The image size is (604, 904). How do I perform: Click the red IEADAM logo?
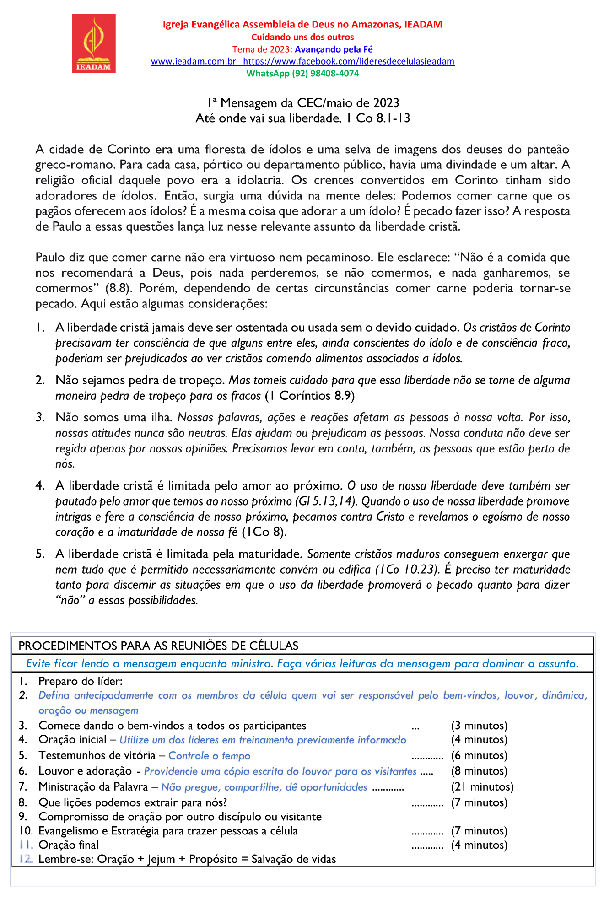pos(93,43)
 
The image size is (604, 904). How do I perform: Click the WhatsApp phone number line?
pos(302,74)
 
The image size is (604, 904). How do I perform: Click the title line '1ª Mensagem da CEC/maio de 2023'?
pos(302,103)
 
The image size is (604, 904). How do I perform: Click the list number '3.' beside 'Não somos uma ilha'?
pos(40,417)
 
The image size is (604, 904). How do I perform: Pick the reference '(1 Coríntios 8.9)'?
pos(310,396)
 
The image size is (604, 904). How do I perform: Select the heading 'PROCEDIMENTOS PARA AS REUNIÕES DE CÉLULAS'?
pos(158,646)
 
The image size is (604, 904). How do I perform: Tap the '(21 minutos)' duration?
pos(482,787)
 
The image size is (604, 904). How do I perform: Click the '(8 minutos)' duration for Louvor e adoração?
pos(479,771)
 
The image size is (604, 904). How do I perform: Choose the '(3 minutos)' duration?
pos(479,726)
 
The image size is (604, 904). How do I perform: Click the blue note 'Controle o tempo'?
pos(210,756)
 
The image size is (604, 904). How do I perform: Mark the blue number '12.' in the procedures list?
pos(26,859)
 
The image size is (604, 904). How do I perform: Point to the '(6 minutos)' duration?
pos(479,756)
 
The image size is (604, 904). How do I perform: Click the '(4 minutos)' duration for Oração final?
pos(479,845)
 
